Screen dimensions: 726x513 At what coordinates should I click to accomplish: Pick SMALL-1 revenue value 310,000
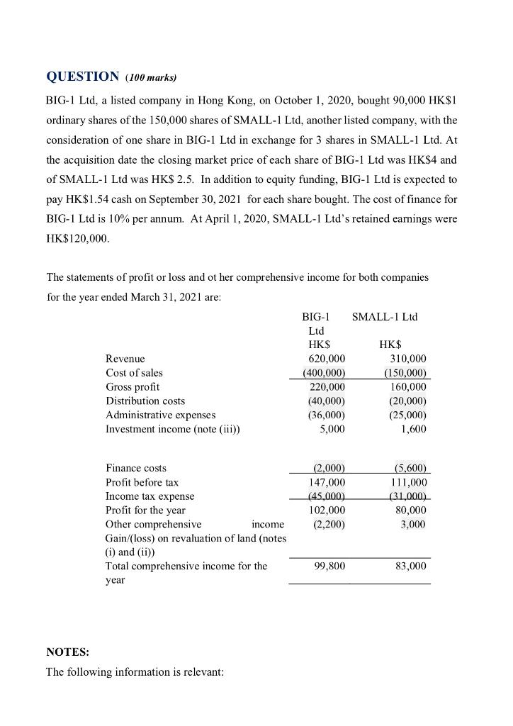[405, 359]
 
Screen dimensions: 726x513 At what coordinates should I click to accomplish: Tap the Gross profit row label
[133, 387]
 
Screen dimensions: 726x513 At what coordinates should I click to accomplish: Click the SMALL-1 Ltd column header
[385, 316]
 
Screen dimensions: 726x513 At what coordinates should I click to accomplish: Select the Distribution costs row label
[145, 401]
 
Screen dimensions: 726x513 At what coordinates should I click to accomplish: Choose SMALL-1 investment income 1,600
[414, 429]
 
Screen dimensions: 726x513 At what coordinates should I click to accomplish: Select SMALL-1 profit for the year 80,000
[410, 510]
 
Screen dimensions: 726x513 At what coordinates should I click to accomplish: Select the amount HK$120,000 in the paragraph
[77, 240]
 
